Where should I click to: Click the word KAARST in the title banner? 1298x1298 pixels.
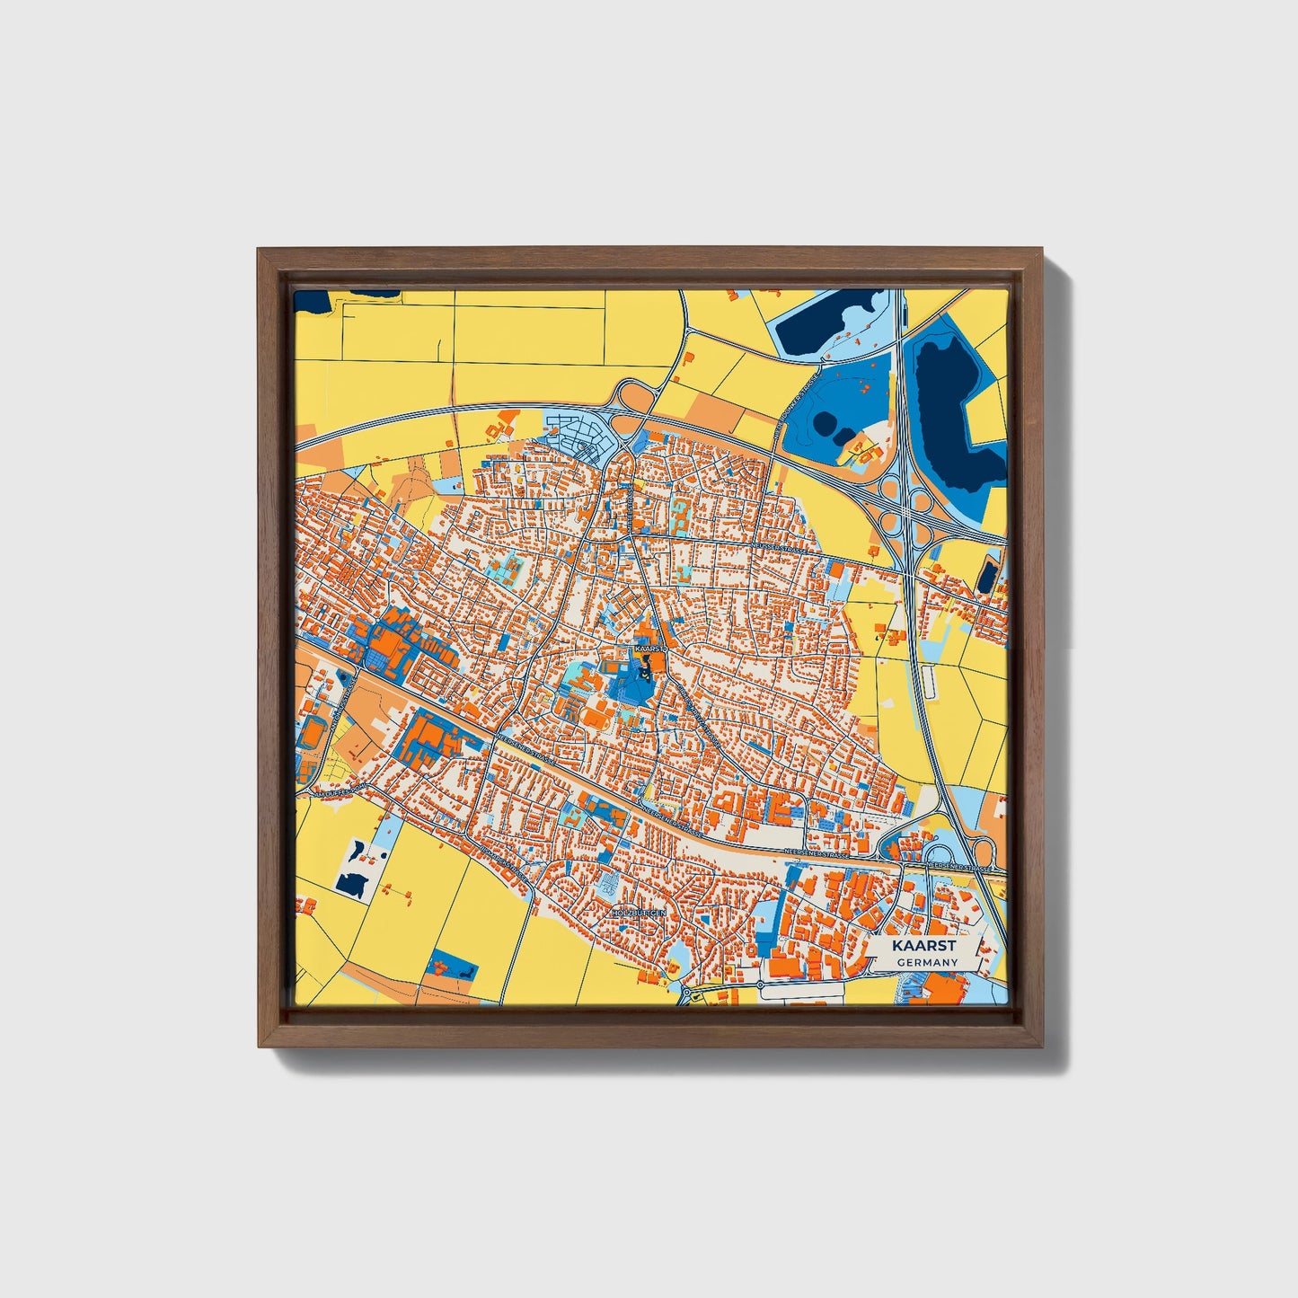[x=924, y=946]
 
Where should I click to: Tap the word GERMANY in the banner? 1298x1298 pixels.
[x=926, y=962]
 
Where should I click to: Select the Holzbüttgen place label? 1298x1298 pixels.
[x=639, y=912]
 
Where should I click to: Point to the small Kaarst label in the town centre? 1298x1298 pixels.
[x=649, y=647]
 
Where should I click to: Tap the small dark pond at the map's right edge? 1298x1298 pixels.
[x=988, y=575]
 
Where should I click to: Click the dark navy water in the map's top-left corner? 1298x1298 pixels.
[x=313, y=300]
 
